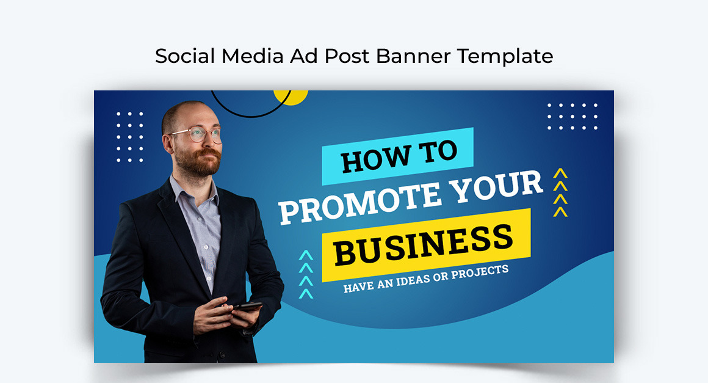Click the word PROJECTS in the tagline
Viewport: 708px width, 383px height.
481,271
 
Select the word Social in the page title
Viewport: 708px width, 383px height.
185,56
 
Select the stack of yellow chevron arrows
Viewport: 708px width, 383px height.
560,193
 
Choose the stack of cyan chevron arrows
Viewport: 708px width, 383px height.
306,274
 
